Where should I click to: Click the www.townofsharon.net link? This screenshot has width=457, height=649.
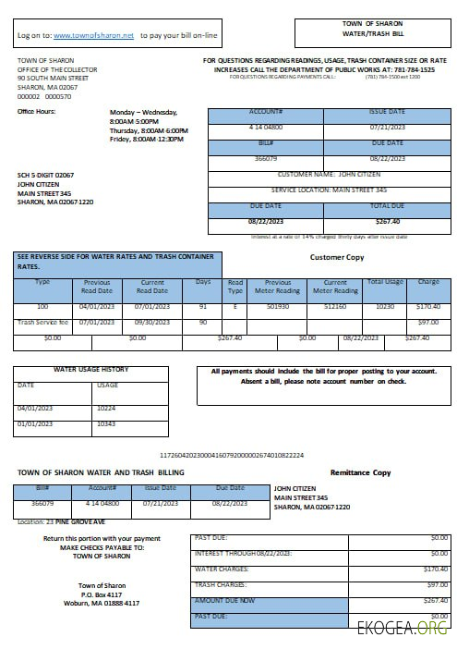[x=94, y=35]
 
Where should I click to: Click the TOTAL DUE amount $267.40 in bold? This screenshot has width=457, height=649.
[x=387, y=221]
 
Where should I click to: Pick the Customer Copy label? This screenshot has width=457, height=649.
[x=337, y=257]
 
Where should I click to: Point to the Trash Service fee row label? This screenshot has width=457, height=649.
[x=42, y=322]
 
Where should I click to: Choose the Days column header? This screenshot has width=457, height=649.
[x=203, y=281]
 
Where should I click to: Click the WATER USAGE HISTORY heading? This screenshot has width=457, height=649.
[x=90, y=369]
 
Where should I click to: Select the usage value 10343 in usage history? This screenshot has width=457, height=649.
[x=108, y=423]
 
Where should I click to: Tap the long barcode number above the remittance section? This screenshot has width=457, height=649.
[x=232, y=456]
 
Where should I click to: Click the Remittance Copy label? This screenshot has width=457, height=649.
[x=360, y=472]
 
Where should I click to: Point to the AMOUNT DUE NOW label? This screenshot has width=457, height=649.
[x=224, y=600]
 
